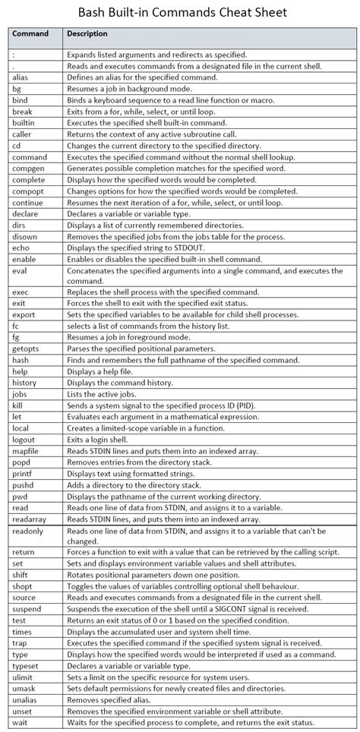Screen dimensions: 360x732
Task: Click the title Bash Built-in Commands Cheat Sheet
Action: pos(180,14)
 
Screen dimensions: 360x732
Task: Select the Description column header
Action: pos(87,34)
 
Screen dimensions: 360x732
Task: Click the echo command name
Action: pos(21,248)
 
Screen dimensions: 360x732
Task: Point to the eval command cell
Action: pos(21,270)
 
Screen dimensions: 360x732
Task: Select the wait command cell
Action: pos(21,722)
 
